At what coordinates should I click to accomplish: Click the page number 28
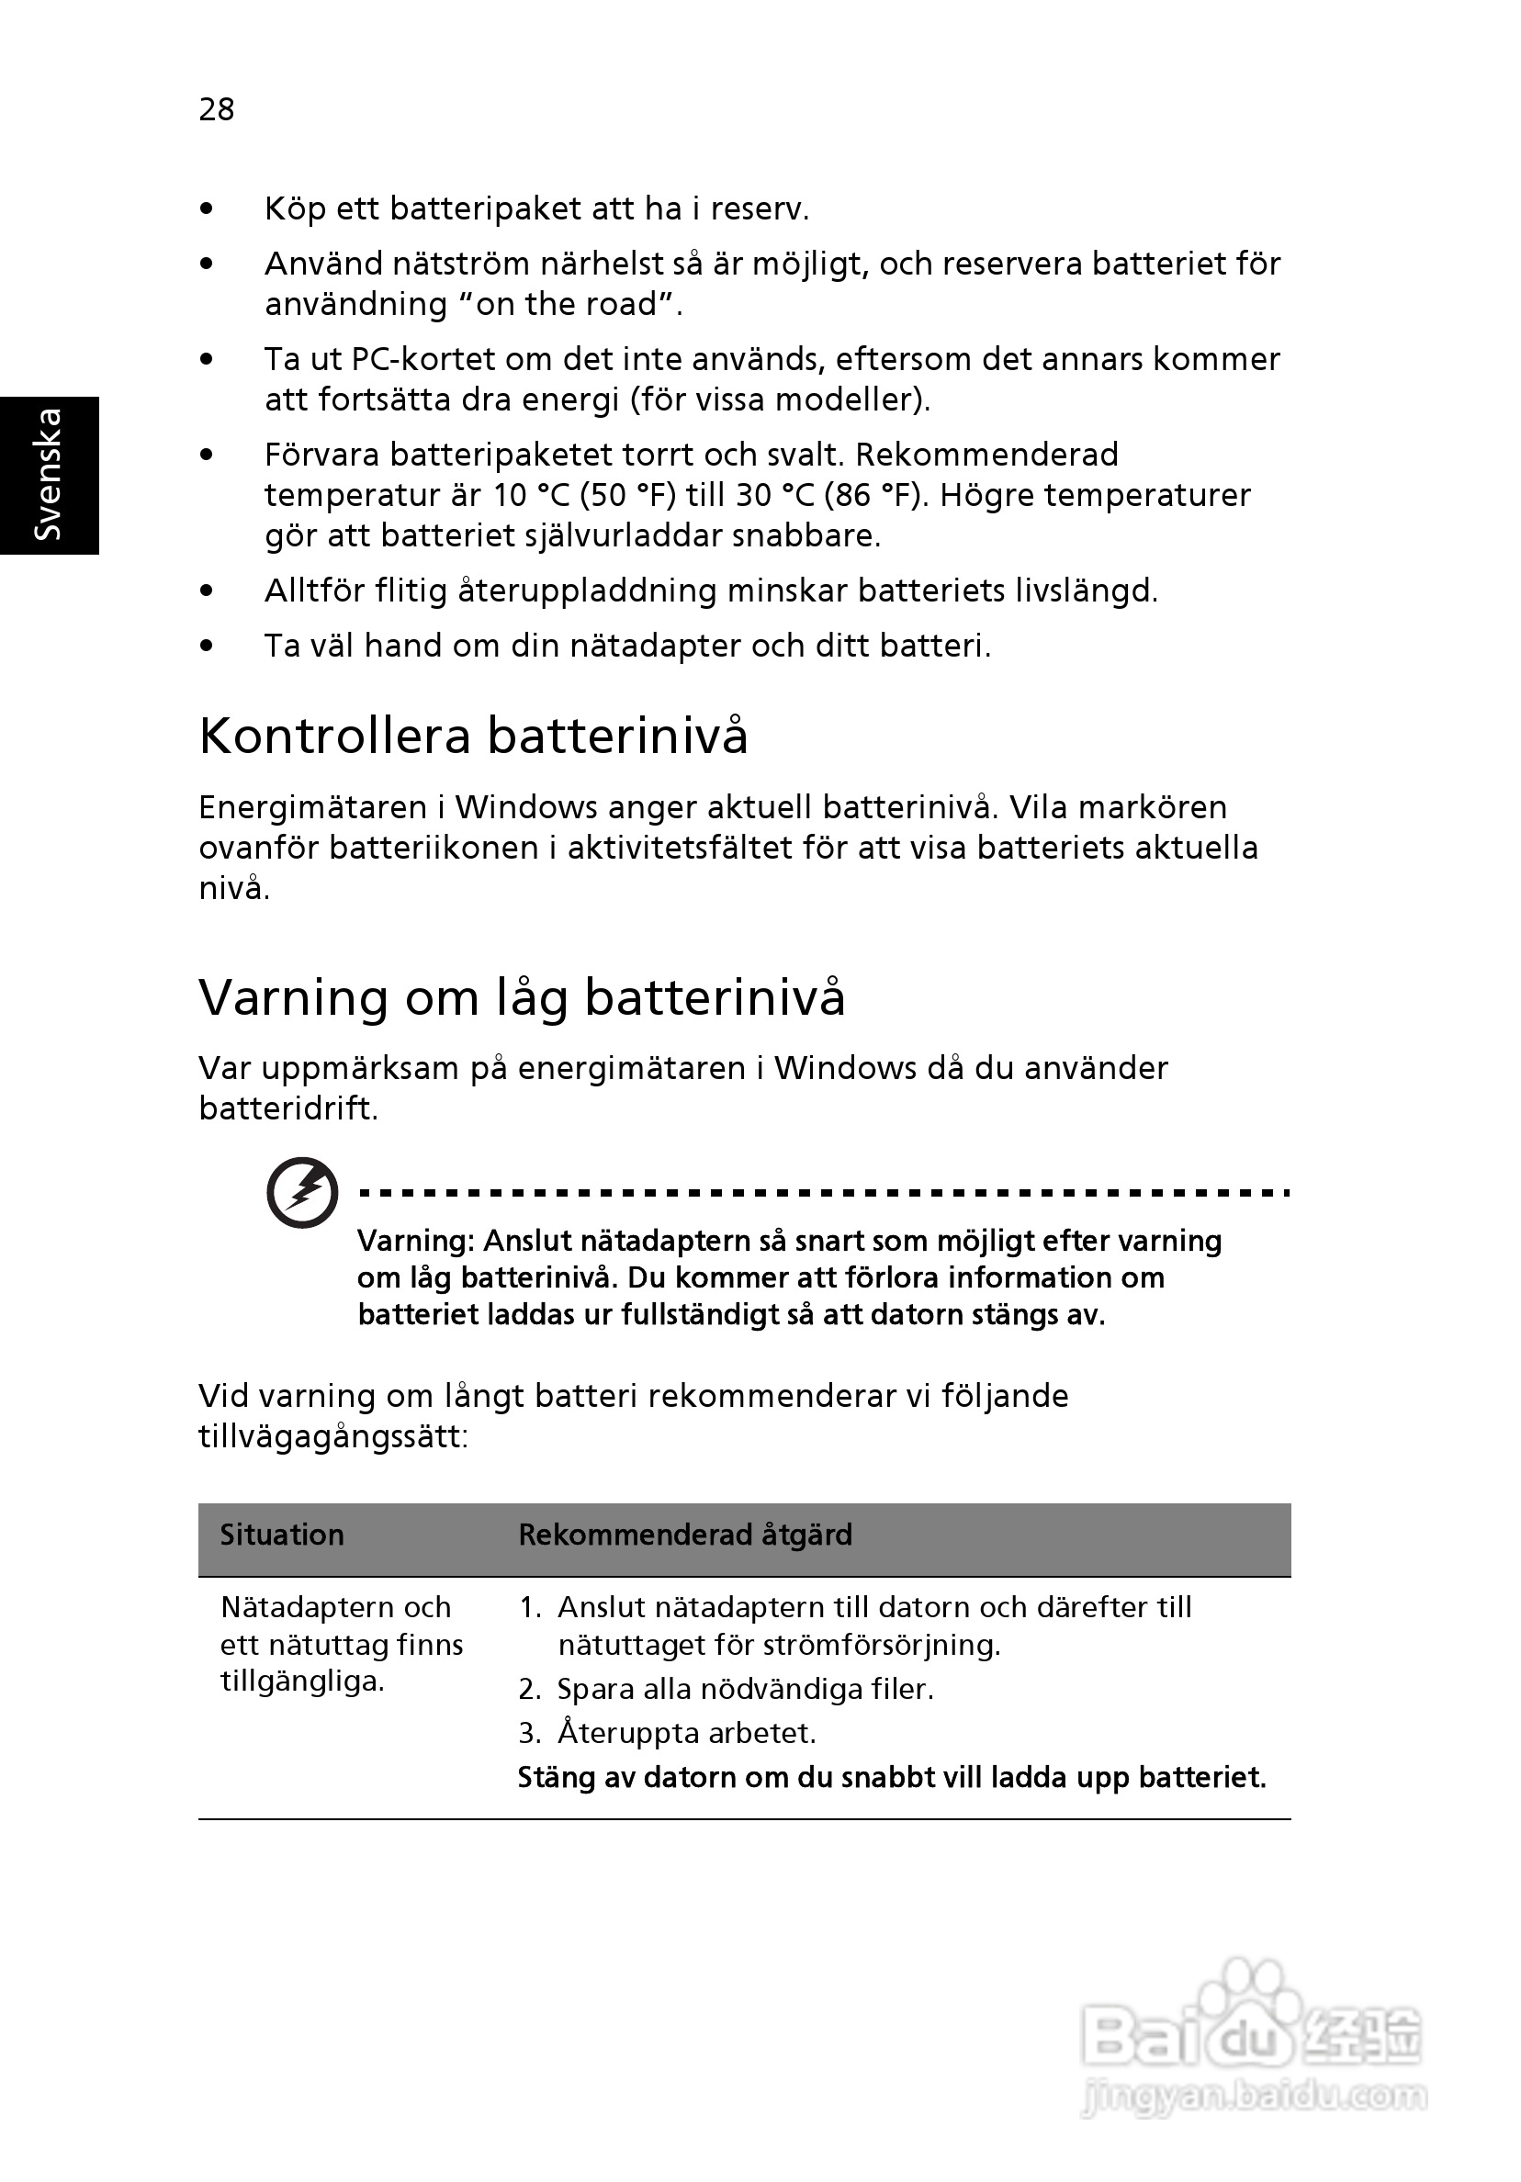(x=216, y=110)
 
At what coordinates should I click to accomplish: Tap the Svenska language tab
(x=49, y=474)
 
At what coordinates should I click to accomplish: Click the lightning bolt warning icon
(x=302, y=1193)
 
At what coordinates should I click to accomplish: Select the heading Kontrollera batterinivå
(x=472, y=737)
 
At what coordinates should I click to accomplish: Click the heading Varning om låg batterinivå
(x=521, y=998)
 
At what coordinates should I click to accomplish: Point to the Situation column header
(x=281, y=1535)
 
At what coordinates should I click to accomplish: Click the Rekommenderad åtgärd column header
(x=684, y=1535)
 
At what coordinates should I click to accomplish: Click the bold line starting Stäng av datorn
(x=891, y=1777)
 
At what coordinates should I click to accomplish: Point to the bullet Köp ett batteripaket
(x=536, y=209)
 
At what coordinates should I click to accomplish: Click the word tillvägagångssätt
(x=332, y=1436)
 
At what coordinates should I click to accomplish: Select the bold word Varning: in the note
(x=415, y=1242)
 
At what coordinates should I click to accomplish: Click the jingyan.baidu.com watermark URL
(x=1254, y=2096)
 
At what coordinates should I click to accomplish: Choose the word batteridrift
(x=288, y=1108)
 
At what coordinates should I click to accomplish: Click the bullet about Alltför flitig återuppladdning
(x=710, y=591)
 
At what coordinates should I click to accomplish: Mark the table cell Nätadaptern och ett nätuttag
(x=342, y=1644)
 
